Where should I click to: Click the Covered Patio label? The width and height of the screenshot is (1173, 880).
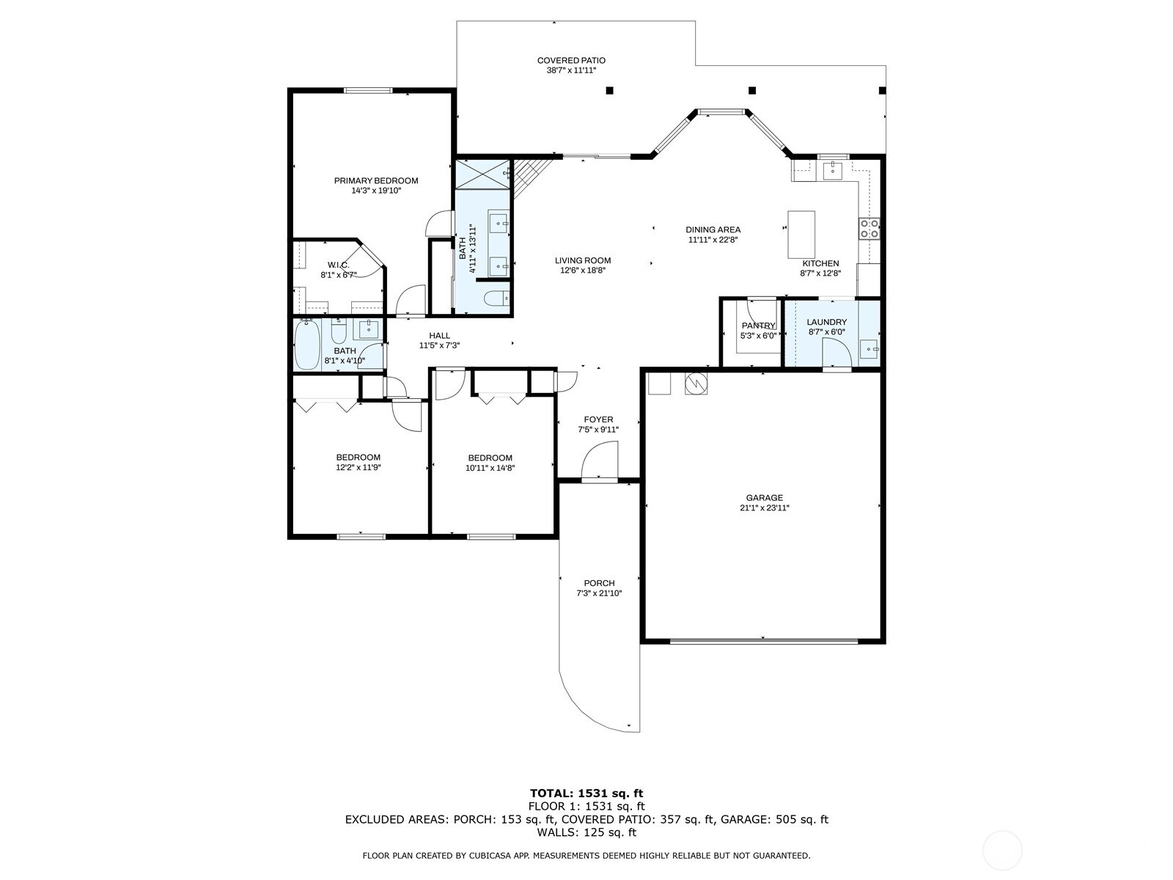(571, 61)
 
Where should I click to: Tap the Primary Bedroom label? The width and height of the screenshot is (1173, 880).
(376, 180)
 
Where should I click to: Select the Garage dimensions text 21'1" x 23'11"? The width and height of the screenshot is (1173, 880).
(764, 507)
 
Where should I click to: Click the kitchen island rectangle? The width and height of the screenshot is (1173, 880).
(801, 234)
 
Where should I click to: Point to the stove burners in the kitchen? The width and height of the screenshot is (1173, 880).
(869, 229)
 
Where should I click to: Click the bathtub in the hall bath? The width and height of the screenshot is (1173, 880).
(306, 345)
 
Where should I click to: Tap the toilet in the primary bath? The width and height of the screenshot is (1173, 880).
(495, 298)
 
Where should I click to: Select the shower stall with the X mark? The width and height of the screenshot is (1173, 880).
(482, 175)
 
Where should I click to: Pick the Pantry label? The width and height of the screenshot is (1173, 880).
(758, 326)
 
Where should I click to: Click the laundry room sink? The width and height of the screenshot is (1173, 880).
(869, 349)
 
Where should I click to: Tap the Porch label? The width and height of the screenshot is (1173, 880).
(599, 584)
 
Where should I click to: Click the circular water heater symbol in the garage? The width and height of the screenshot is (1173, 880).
(696, 383)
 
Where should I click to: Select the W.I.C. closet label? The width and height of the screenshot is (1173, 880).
(338, 265)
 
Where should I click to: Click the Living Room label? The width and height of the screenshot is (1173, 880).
(582, 260)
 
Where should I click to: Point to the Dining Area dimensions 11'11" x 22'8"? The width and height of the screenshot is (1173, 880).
(713, 240)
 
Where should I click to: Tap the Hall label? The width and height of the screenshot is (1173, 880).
(439, 336)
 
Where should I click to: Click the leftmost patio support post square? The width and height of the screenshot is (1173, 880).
(609, 90)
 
